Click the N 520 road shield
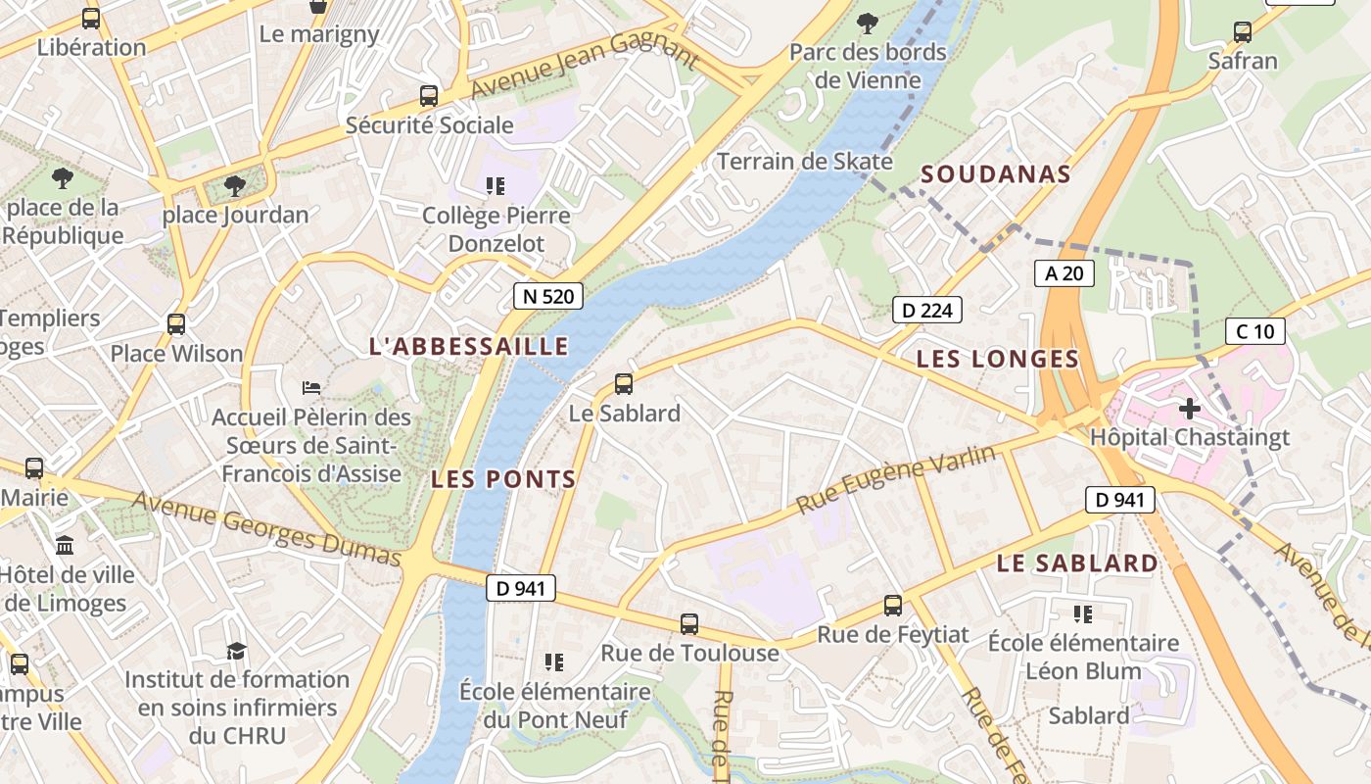(548, 296)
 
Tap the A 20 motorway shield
(1064, 273)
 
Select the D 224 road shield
(926, 311)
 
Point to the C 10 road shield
(1254, 331)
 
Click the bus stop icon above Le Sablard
(624, 384)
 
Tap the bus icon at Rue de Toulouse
(689, 624)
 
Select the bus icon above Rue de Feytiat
(892, 606)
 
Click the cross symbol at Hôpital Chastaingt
(1190, 408)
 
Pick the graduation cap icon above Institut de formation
(236, 651)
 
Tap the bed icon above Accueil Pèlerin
(311, 388)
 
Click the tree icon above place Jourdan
(234, 185)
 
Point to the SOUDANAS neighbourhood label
(996, 174)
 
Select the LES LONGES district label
(997, 360)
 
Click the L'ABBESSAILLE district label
(468, 346)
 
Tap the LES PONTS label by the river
(503, 479)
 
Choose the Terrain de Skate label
(805, 162)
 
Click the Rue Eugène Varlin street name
(896, 479)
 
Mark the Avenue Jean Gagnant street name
(585, 65)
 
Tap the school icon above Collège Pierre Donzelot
(495, 185)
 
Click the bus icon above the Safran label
(1242, 32)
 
